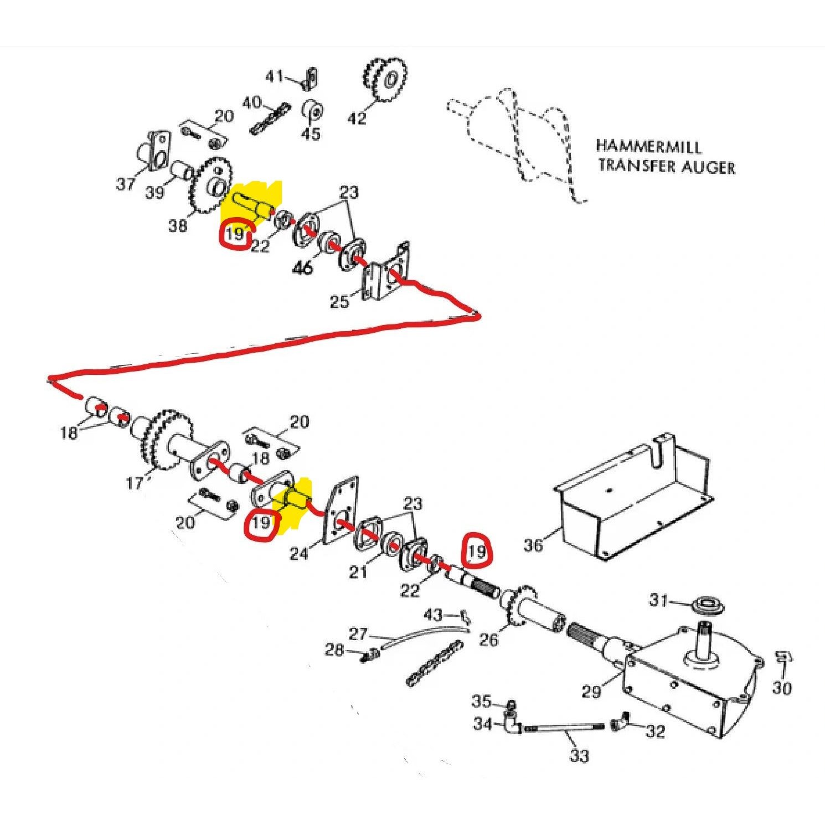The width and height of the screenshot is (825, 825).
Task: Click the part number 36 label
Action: [533, 545]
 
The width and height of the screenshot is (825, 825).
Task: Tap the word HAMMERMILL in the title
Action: [648, 147]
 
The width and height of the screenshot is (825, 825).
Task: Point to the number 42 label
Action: [357, 118]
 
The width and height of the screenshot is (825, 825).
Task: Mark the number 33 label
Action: [579, 755]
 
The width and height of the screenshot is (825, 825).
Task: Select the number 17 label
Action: [135, 483]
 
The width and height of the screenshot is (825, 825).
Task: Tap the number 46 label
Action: [302, 267]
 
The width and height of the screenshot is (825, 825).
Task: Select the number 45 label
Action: [311, 133]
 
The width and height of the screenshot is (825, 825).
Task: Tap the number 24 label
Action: [299, 553]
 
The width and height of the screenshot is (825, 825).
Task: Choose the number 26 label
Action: [488, 640]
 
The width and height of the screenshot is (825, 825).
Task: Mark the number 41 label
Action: [275, 76]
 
